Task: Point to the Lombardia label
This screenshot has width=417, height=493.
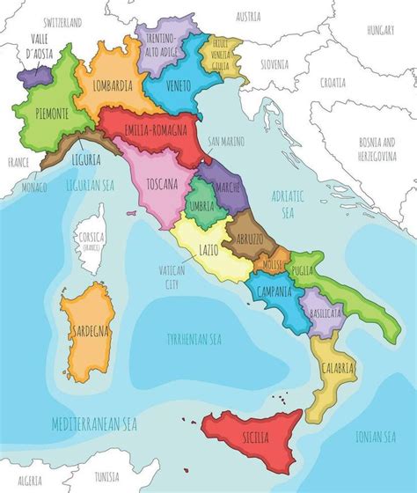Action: point(111,85)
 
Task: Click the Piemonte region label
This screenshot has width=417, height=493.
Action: point(41,113)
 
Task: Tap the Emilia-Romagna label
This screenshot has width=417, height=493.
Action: point(154,130)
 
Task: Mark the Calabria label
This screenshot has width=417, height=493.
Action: point(339,366)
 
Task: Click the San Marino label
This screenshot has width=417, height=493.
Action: point(226,140)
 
